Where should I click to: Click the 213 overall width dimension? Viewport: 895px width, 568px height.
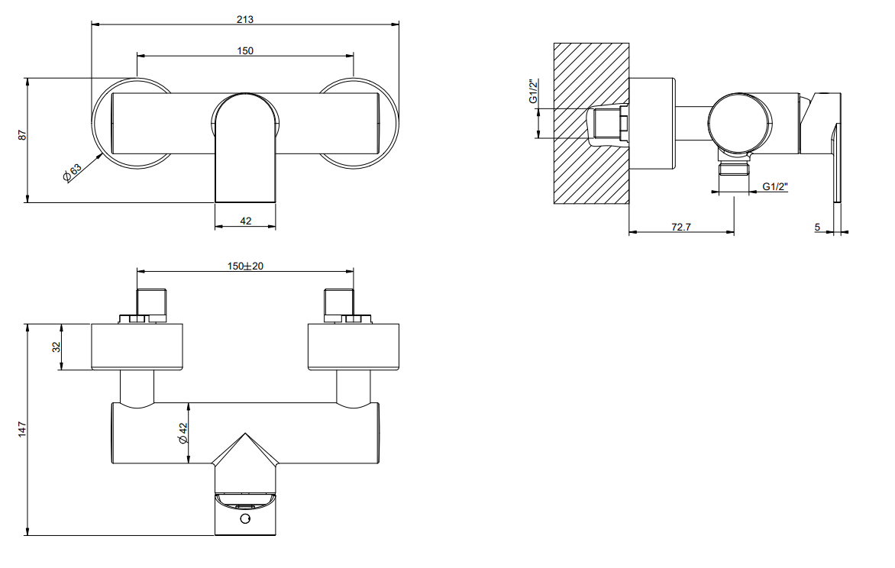[245, 19]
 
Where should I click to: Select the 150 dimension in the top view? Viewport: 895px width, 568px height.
[245, 51]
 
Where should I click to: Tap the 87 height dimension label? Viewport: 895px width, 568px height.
[22, 135]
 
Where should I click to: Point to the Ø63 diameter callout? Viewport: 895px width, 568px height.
[73, 173]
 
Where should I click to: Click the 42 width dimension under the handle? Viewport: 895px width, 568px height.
[245, 221]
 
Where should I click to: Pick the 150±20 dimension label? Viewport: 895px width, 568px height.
[245, 266]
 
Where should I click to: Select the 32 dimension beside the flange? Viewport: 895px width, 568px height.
[57, 347]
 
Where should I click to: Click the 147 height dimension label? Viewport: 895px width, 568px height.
[22, 429]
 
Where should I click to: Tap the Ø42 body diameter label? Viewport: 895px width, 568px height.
[183, 434]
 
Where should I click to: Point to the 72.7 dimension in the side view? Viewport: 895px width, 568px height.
[681, 227]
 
